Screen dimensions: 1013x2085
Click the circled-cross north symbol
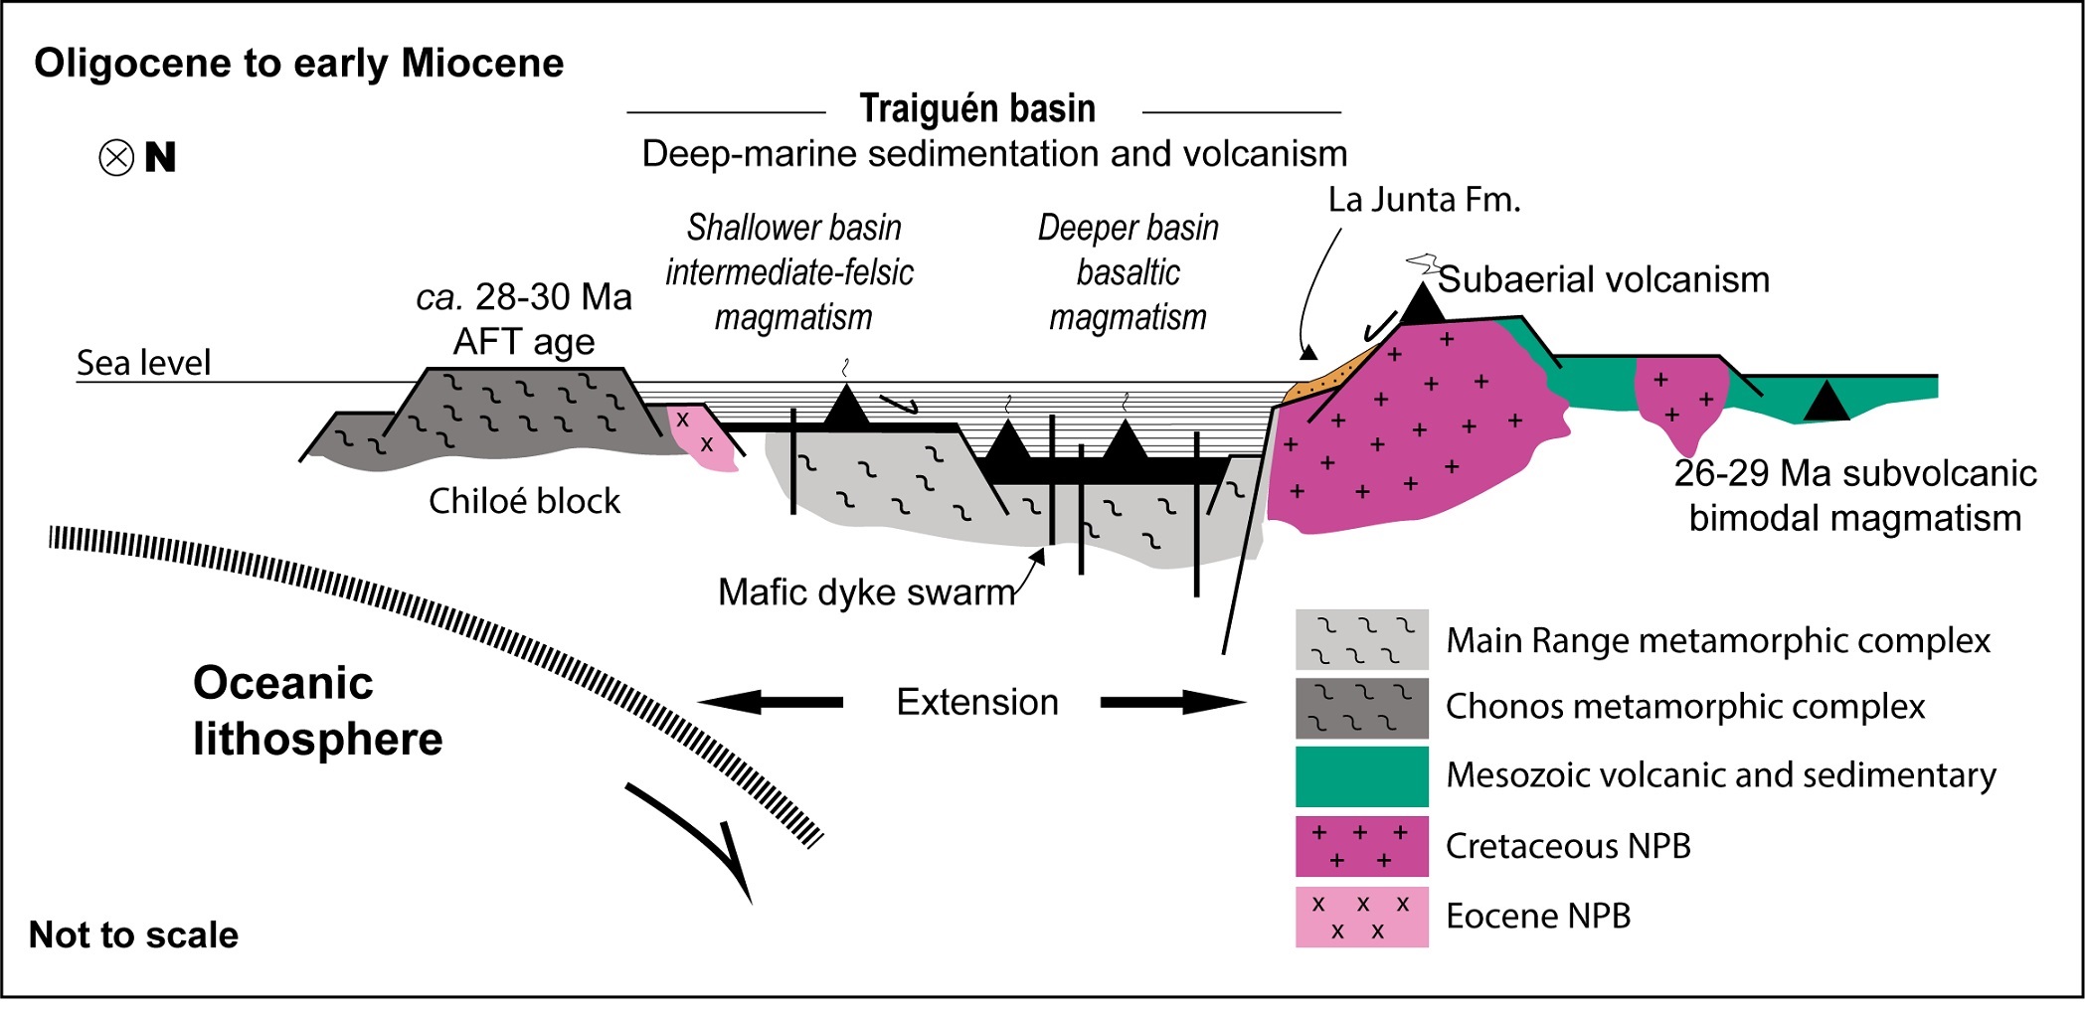point(116,158)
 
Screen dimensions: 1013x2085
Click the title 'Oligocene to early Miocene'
point(298,64)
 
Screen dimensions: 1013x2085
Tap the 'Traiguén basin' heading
point(977,108)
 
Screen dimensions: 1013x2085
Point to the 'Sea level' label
point(144,363)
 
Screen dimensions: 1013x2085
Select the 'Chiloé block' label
point(524,500)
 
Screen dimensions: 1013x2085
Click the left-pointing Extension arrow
point(772,702)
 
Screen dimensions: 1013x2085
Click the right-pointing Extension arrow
point(1172,702)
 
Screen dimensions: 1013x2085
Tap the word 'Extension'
point(977,702)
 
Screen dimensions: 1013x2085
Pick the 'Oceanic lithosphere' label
point(317,711)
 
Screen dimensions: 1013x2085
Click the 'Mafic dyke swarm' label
point(866,592)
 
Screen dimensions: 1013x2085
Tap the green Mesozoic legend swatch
point(1361,776)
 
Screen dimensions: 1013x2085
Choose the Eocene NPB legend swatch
point(1361,917)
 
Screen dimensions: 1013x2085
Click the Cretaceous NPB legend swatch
point(1361,846)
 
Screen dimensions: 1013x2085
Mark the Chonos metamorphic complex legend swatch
point(1361,708)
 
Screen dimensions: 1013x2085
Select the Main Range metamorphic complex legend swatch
point(1361,639)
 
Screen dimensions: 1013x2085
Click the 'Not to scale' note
point(133,934)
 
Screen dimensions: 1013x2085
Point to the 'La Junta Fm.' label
point(1424,200)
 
